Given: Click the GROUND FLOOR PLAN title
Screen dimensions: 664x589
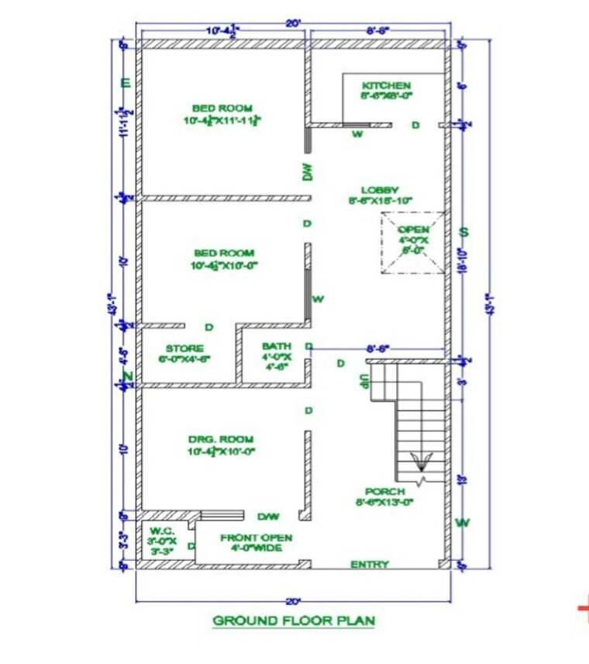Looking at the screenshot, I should pyautogui.click(x=294, y=621).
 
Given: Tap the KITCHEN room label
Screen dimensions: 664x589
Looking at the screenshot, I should pyautogui.click(x=386, y=85).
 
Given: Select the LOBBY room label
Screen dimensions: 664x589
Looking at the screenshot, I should pyautogui.click(x=380, y=190).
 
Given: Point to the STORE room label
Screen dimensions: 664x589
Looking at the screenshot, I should pyautogui.click(x=184, y=348).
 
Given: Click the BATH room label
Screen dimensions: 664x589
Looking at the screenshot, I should pyautogui.click(x=276, y=346).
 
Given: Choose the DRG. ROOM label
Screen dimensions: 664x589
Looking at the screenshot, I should pyautogui.click(x=221, y=439).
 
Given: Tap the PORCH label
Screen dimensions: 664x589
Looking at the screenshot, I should pyautogui.click(x=385, y=491).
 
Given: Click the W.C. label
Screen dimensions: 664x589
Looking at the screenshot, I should pyautogui.click(x=163, y=531).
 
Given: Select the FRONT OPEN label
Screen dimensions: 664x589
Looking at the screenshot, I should pyautogui.click(x=256, y=537).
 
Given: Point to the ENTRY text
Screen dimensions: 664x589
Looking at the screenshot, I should pyautogui.click(x=370, y=564).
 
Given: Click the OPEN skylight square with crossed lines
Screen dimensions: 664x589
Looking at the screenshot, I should pyautogui.click(x=413, y=242).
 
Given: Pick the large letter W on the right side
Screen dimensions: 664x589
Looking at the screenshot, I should pyautogui.click(x=463, y=523).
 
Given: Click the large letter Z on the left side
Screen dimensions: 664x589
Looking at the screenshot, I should pyautogui.click(x=129, y=378).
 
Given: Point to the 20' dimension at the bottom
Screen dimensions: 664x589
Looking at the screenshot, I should pyautogui.click(x=293, y=601).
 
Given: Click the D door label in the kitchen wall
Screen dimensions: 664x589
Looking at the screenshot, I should pyautogui.click(x=415, y=125).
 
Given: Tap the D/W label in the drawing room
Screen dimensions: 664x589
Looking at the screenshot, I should pyautogui.click(x=268, y=516).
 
